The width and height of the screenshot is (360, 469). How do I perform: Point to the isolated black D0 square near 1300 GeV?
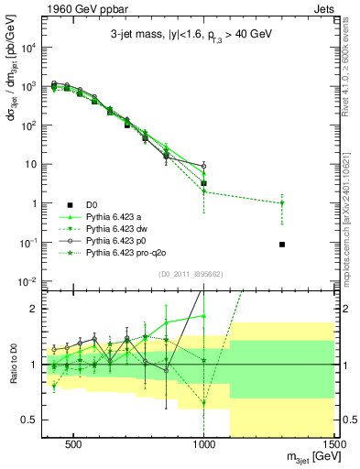pyautogui.click(x=282, y=245)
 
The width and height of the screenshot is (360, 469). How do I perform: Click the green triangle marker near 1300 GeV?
pyautogui.click(x=282, y=203)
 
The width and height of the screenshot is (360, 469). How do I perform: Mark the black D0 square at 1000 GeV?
pyautogui.click(x=204, y=183)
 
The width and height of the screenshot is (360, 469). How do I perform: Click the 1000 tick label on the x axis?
pyautogui.click(x=204, y=442)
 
